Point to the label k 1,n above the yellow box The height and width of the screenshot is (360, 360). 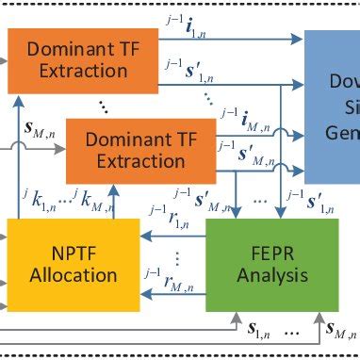click(x=38, y=199)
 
